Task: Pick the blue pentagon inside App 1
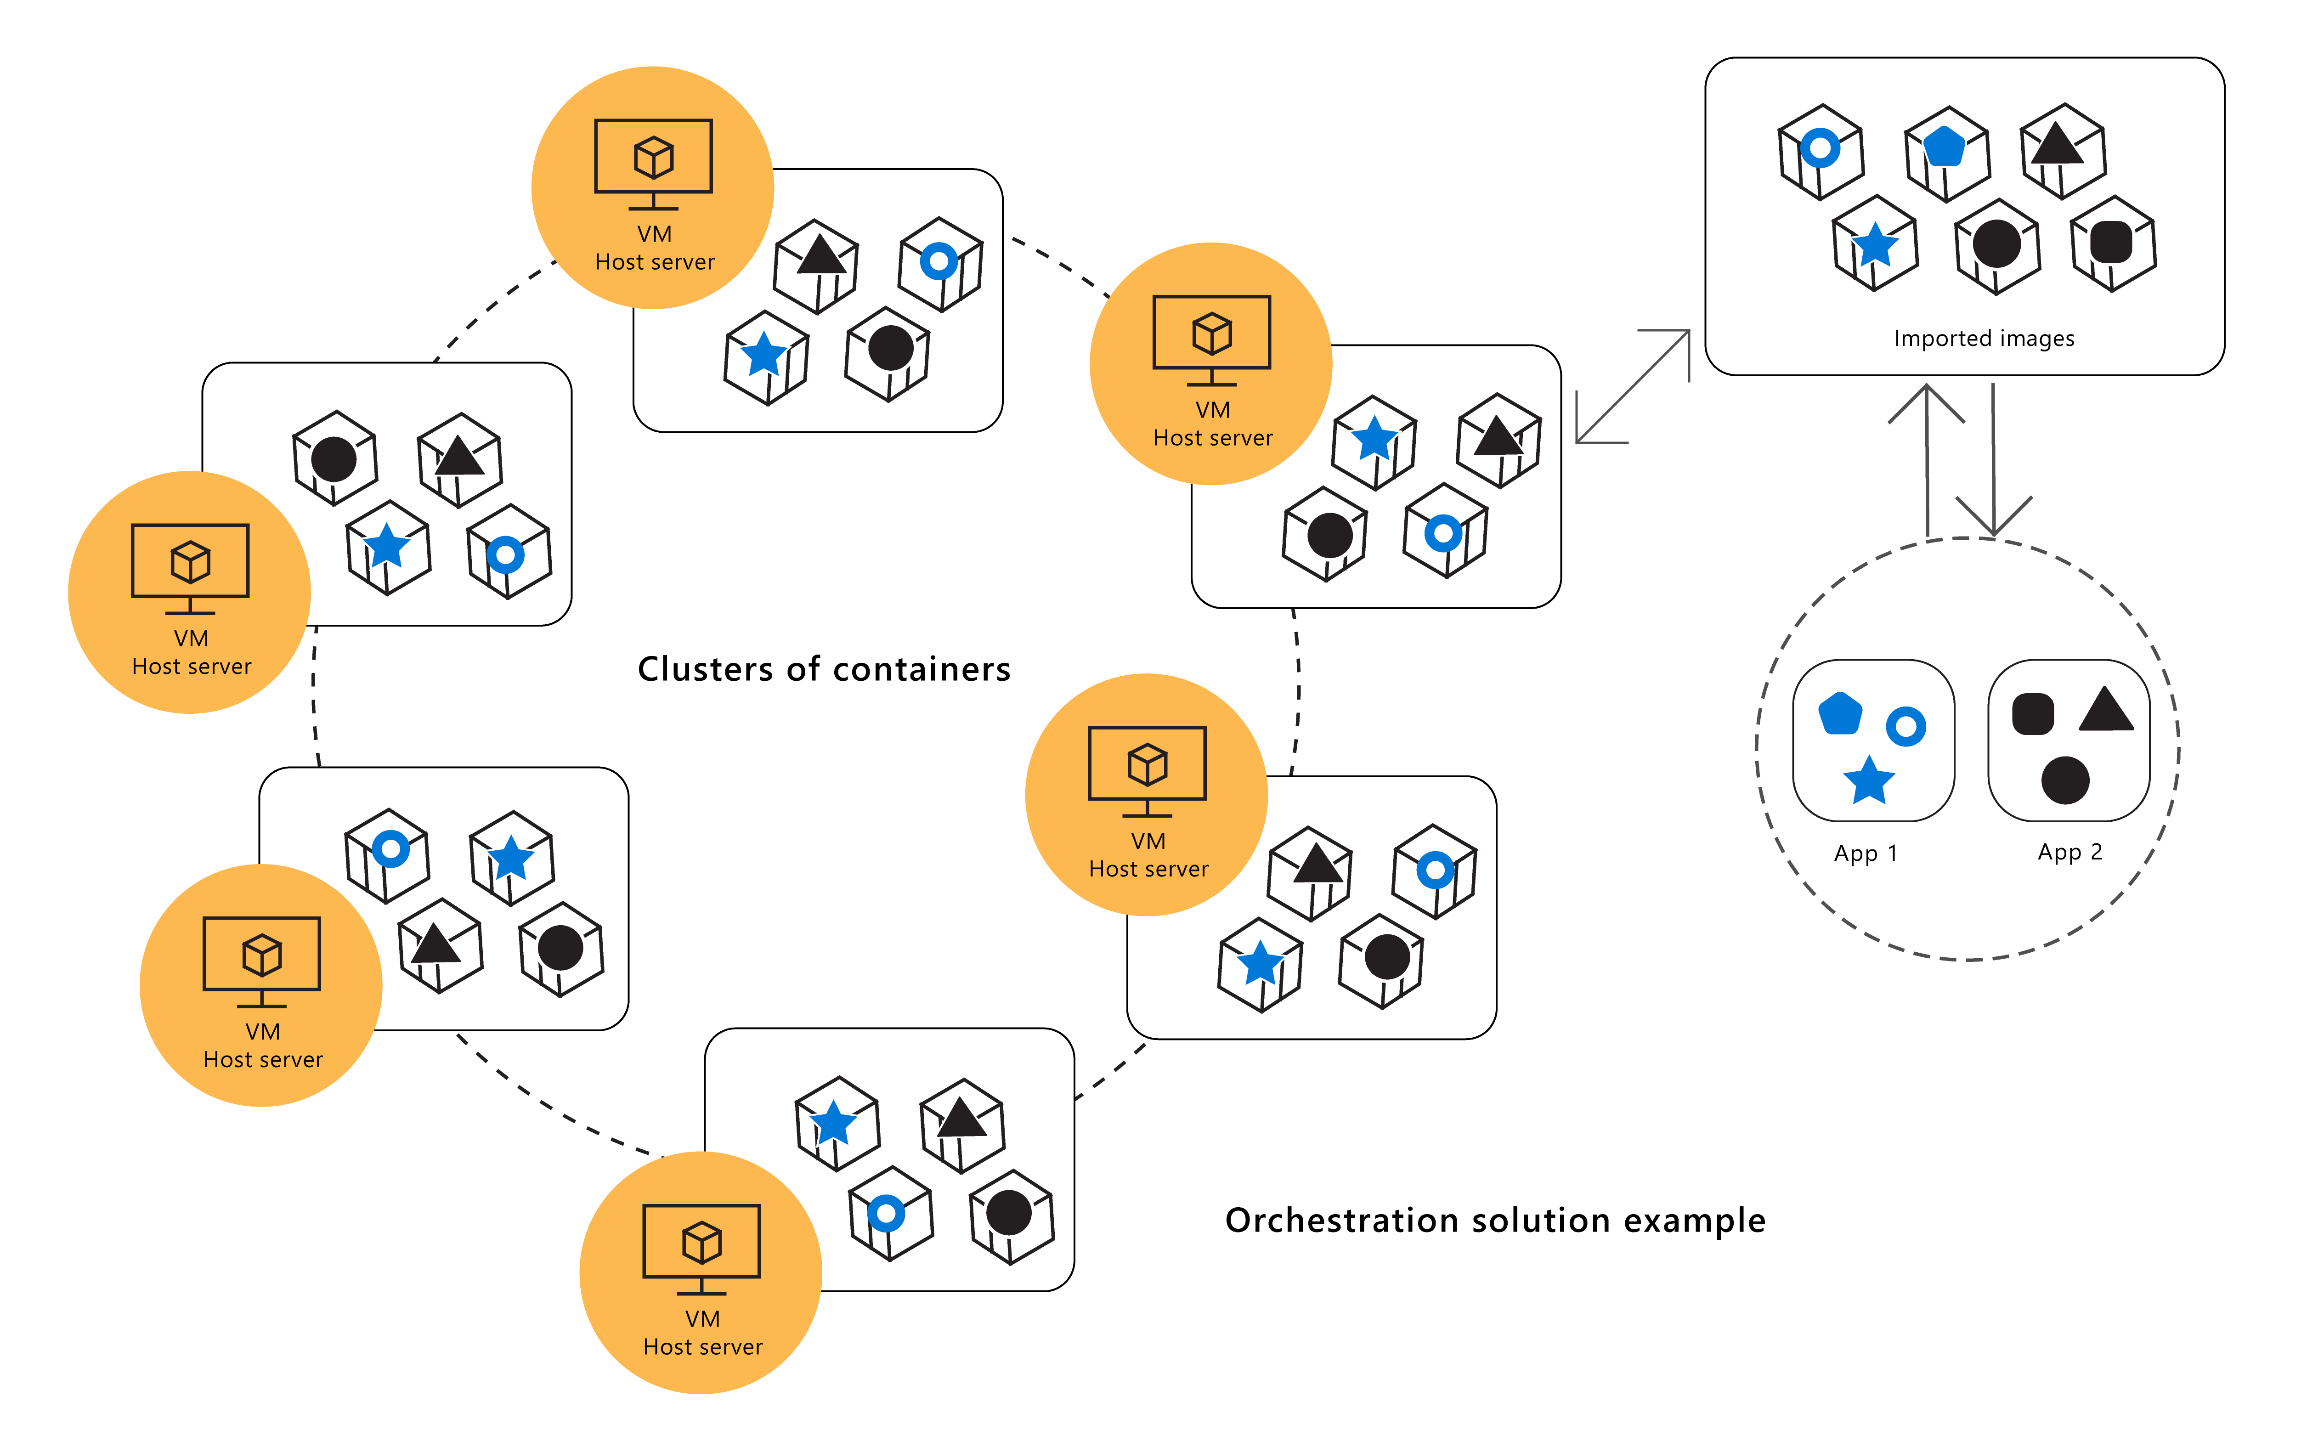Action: (x=1839, y=713)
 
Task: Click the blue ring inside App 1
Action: (x=1905, y=726)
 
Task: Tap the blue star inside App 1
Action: (x=1868, y=780)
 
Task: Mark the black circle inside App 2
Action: (x=2065, y=780)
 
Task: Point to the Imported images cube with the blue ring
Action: (x=1820, y=151)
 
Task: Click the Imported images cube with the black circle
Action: (x=1996, y=246)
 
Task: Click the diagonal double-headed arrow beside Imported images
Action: (x=1633, y=387)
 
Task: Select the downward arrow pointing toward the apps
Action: (x=1993, y=459)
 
